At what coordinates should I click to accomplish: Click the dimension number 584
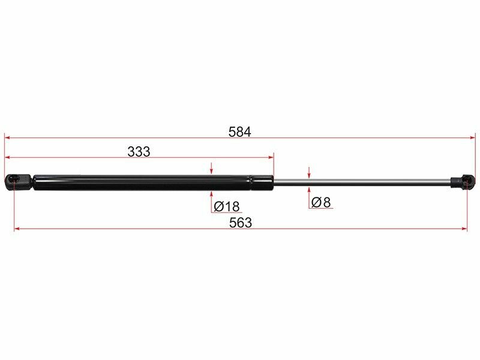coord(239,132)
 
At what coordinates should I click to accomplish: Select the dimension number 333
coord(139,152)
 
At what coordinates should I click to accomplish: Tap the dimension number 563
coord(241,223)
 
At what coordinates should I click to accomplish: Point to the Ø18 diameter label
coord(227,206)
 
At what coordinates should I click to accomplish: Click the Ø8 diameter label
coord(321,202)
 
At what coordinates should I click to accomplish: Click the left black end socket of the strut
coord(18,182)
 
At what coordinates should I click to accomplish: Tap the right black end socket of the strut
coord(464,182)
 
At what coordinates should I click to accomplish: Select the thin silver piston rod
coord(362,182)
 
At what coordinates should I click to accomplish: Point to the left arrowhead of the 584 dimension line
coord(7,138)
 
